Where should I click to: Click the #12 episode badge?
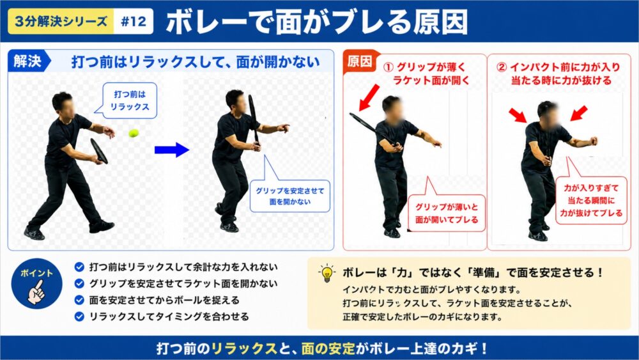click(x=134, y=21)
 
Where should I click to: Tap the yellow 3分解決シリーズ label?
click(x=61, y=21)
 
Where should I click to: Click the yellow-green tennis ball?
click(x=134, y=133)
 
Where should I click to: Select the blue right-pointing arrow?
click(x=171, y=150)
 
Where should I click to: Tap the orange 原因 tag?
click(x=360, y=61)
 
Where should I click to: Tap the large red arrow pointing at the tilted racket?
click(x=369, y=98)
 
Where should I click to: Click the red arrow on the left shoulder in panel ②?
click(x=518, y=115)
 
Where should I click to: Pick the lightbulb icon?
click(x=327, y=273)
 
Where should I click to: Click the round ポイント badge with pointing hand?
click(x=36, y=284)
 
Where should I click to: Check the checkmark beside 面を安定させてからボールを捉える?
click(x=79, y=300)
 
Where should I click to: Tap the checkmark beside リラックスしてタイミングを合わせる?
click(x=79, y=317)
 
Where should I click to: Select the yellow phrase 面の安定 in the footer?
click(x=328, y=348)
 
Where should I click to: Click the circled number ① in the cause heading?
click(x=389, y=67)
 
